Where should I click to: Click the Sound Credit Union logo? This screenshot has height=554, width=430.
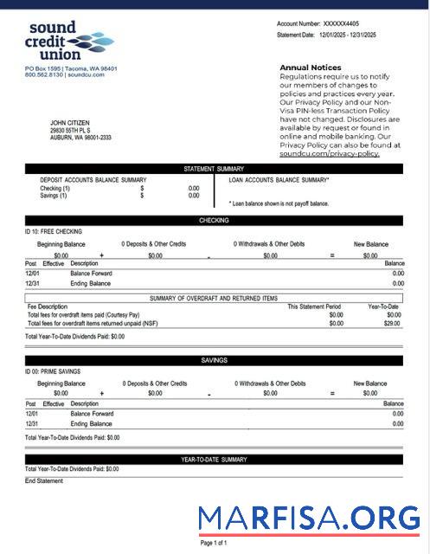pos(69,42)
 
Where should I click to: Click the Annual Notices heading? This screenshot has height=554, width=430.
pos(310,67)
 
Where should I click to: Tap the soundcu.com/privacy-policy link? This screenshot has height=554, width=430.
pos(330,153)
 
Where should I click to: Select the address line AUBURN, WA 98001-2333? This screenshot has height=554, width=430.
pos(80,138)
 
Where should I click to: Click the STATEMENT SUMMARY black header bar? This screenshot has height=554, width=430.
pos(214,169)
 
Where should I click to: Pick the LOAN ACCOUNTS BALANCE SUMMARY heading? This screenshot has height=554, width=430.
pos(279,180)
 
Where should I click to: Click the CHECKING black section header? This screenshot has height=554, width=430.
pos(214,221)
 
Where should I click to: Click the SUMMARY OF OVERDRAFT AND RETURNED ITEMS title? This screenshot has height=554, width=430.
pos(214,298)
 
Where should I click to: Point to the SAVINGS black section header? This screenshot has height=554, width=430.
pos(214,360)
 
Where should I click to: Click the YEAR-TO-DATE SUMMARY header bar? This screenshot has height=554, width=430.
pos(214,460)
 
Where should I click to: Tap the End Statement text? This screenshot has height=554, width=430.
pos(44,480)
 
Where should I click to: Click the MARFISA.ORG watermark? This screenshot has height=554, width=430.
pos(309,518)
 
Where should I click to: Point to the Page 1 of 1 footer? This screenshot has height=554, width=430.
pos(214,543)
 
